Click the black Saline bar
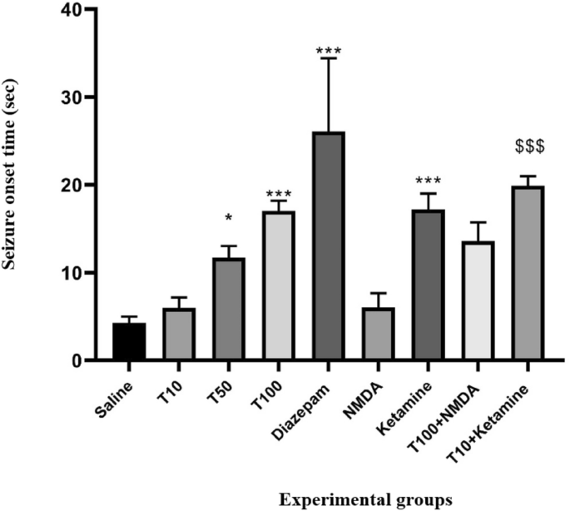tap(129, 342)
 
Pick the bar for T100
tap(277, 286)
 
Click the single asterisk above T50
tap(228, 220)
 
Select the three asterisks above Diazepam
tap(327, 52)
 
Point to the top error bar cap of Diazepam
tap(327, 58)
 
